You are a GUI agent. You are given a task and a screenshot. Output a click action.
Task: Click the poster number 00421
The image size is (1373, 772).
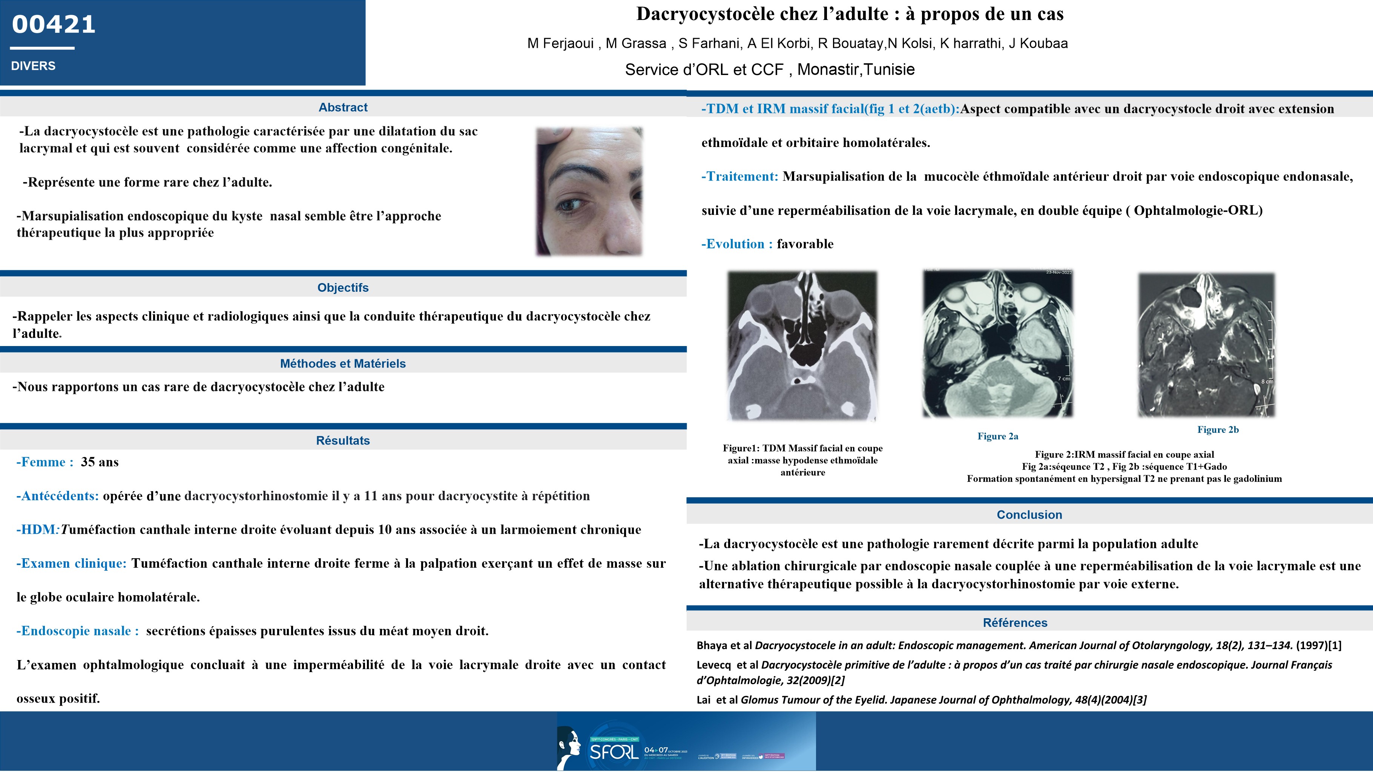point(53,25)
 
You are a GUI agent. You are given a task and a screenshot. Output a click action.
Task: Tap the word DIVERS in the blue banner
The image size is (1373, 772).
point(33,66)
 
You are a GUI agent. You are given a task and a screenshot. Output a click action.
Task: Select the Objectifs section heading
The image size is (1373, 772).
point(343,288)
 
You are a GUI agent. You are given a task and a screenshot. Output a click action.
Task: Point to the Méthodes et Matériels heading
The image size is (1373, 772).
point(343,363)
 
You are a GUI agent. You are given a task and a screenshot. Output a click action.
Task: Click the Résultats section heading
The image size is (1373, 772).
point(343,441)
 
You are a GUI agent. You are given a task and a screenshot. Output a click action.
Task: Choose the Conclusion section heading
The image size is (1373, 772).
point(1029,515)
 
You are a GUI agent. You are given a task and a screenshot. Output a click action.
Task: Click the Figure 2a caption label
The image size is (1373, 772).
point(998,437)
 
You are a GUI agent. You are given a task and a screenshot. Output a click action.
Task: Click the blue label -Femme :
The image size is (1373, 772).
point(45,462)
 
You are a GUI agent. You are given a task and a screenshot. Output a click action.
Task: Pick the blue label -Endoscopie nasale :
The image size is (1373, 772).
point(78,631)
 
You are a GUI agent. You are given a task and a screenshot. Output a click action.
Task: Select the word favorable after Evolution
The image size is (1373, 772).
point(805,244)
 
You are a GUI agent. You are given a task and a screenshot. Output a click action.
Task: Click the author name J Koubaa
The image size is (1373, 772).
point(1038,44)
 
